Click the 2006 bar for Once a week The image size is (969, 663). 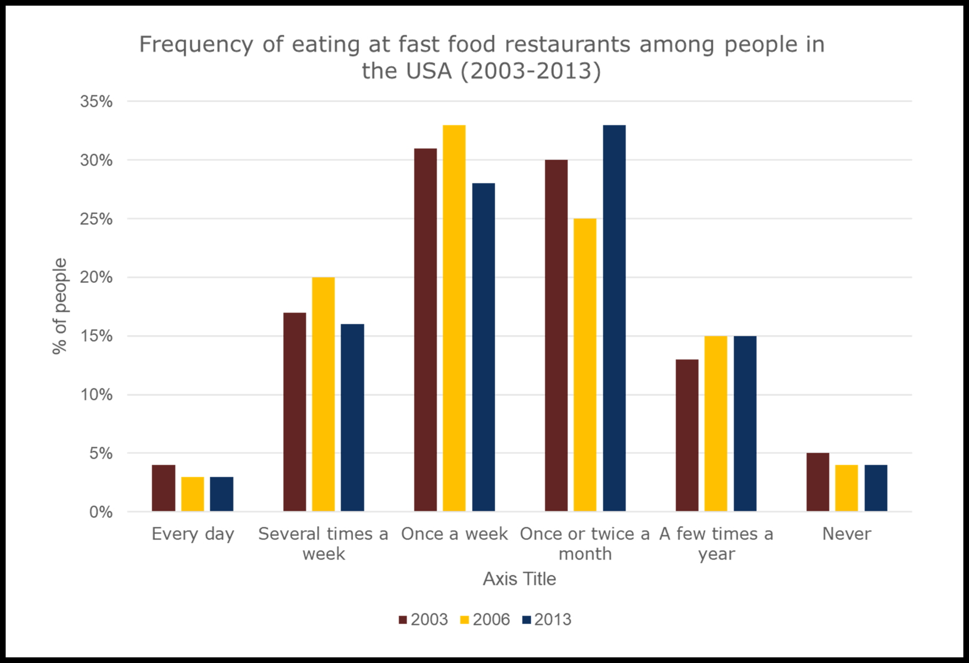pyautogui.click(x=454, y=318)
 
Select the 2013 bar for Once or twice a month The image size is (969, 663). pyautogui.click(x=614, y=318)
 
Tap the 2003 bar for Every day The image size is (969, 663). pyautogui.click(x=163, y=488)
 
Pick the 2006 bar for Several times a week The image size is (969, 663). pyautogui.click(x=323, y=394)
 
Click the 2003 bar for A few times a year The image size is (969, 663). pyautogui.click(x=687, y=435)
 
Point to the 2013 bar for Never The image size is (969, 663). pyautogui.click(x=876, y=488)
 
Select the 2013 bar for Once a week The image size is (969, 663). pyautogui.click(x=483, y=347)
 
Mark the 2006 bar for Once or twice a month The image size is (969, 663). pyautogui.click(x=585, y=365)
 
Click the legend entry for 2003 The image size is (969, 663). pyautogui.click(x=423, y=619)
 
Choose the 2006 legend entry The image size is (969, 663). pyautogui.click(x=485, y=619)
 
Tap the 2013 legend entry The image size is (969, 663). pyautogui.click(x=547, y=619)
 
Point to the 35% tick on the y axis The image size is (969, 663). pyautogui.click(x=97, y=102)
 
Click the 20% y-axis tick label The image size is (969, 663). pyautogui.click(x=97, y=277)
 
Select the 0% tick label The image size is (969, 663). pyautogui.click(x=100, y=512)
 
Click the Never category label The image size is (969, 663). pyautogui.click(x=846, y=534)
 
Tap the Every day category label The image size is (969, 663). pyautogui.click(x=193, y=534)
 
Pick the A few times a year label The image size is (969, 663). pyautogui.click(x=716, y=544)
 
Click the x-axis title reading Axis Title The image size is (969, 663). pyautogui.click(x=519, y=578)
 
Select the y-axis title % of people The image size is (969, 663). pyautogui.click(x=60, y=306)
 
